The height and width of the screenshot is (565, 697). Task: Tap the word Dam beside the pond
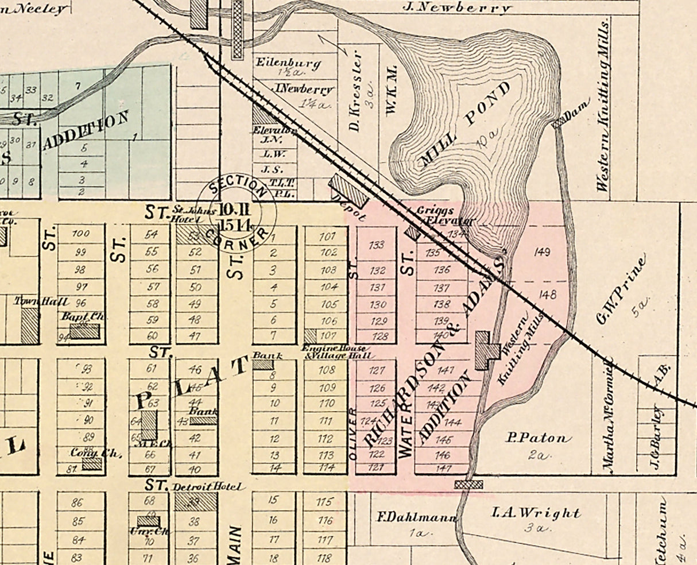(576, 115)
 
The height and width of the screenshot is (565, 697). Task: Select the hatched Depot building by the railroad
(347, 192)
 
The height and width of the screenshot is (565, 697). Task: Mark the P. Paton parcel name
(539, 438)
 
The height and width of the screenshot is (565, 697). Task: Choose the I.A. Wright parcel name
(536, 513)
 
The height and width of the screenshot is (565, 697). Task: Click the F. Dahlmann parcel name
(416, 517)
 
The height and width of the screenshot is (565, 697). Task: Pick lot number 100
(81, 234)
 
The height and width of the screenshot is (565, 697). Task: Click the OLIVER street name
(353, 434)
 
